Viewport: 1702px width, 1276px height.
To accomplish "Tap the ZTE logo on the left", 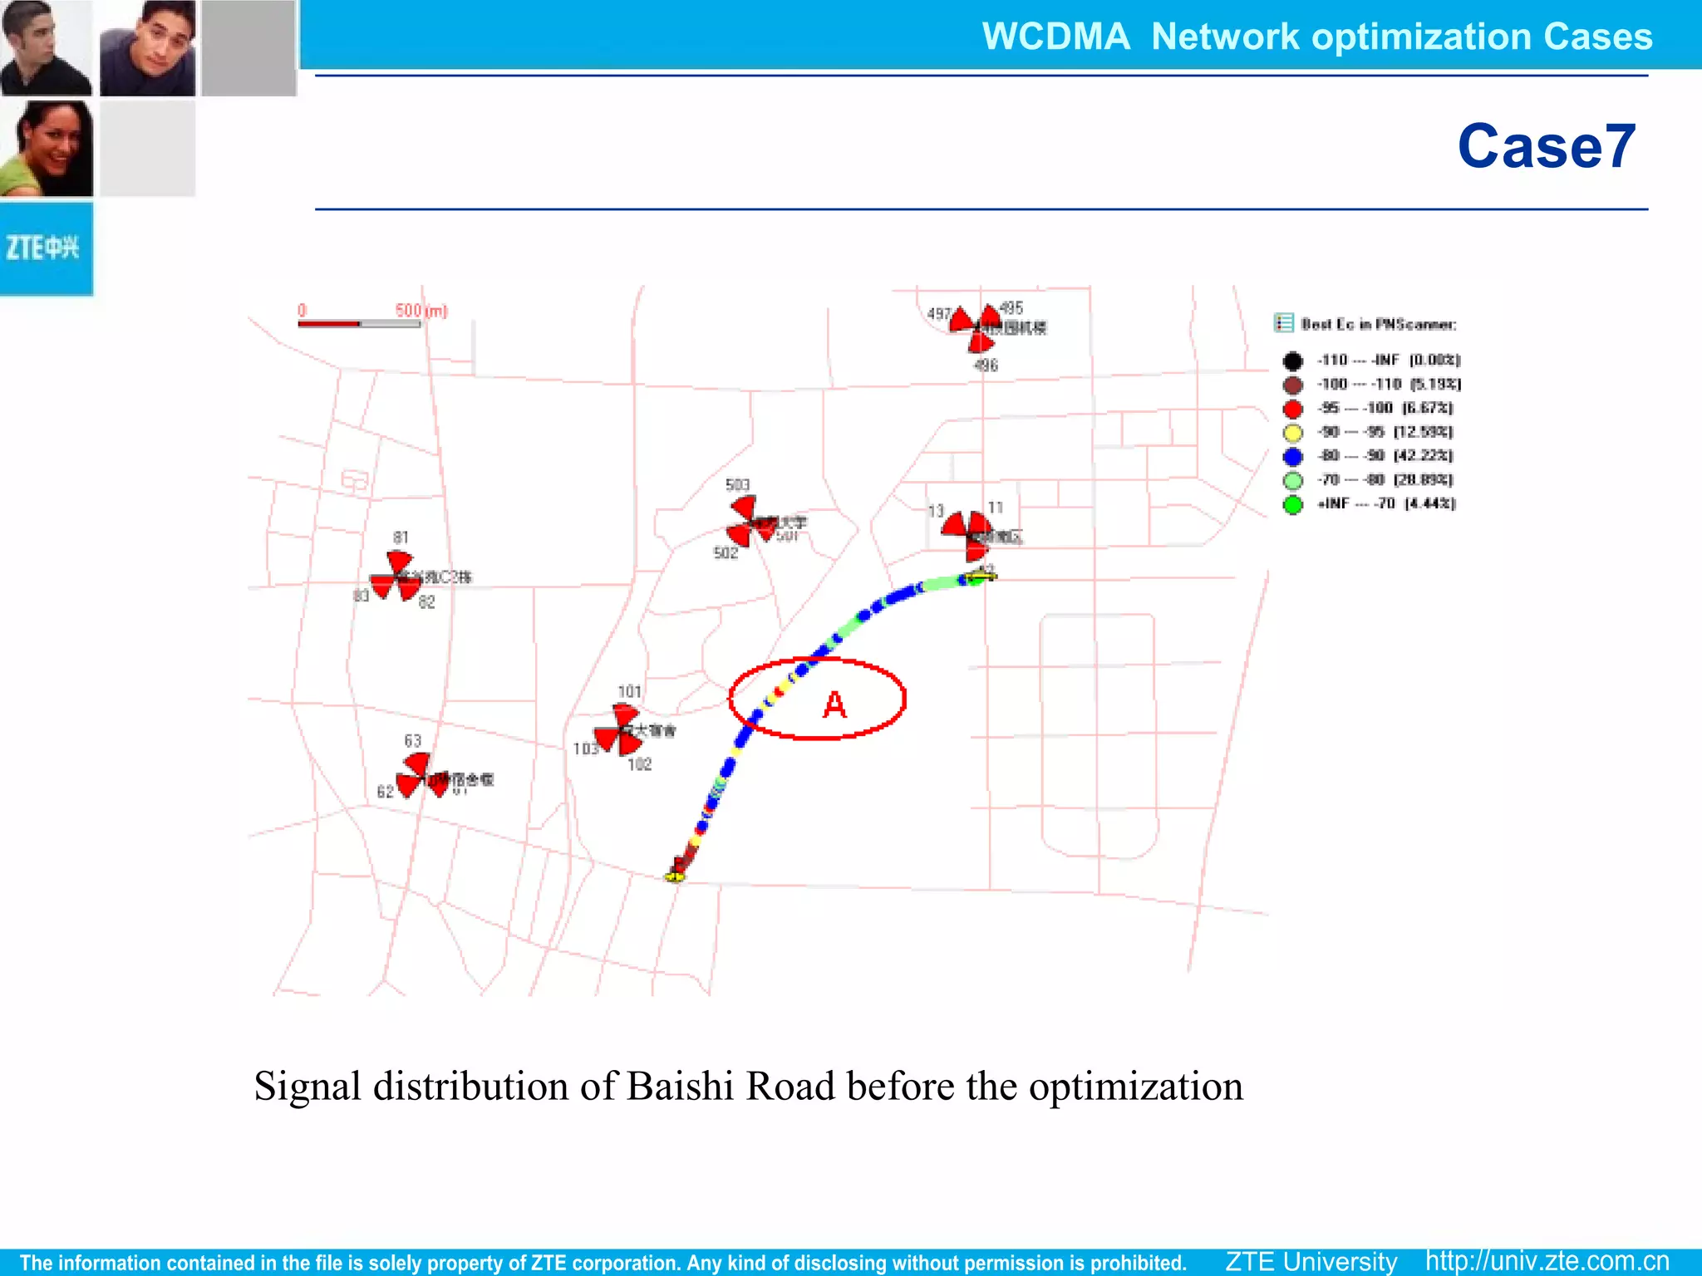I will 43,248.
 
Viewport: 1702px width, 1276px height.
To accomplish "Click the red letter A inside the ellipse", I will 834,705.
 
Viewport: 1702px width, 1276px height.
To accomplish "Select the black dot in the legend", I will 1292,361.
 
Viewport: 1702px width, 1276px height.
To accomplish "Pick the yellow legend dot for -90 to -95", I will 1292,432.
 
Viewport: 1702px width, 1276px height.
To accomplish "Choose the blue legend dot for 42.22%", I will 1292,456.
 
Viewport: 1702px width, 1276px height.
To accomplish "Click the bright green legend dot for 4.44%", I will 1292,504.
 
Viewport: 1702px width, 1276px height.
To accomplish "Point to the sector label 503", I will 737,484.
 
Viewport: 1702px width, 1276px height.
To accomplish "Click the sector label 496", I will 986,366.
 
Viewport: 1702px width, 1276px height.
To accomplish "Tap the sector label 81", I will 401,537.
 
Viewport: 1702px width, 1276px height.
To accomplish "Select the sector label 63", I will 412,740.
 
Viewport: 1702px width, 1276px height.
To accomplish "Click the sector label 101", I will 629,691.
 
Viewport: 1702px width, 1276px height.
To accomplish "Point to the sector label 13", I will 936,511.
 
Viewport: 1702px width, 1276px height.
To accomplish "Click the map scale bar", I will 359,323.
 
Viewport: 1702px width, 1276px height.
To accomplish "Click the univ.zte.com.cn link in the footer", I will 1547,1261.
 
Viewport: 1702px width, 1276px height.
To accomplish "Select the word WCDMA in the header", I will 1055,37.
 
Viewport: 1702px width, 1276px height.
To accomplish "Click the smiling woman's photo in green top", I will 47,148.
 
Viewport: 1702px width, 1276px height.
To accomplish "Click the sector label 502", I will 726,553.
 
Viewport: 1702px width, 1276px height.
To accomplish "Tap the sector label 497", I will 938,314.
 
